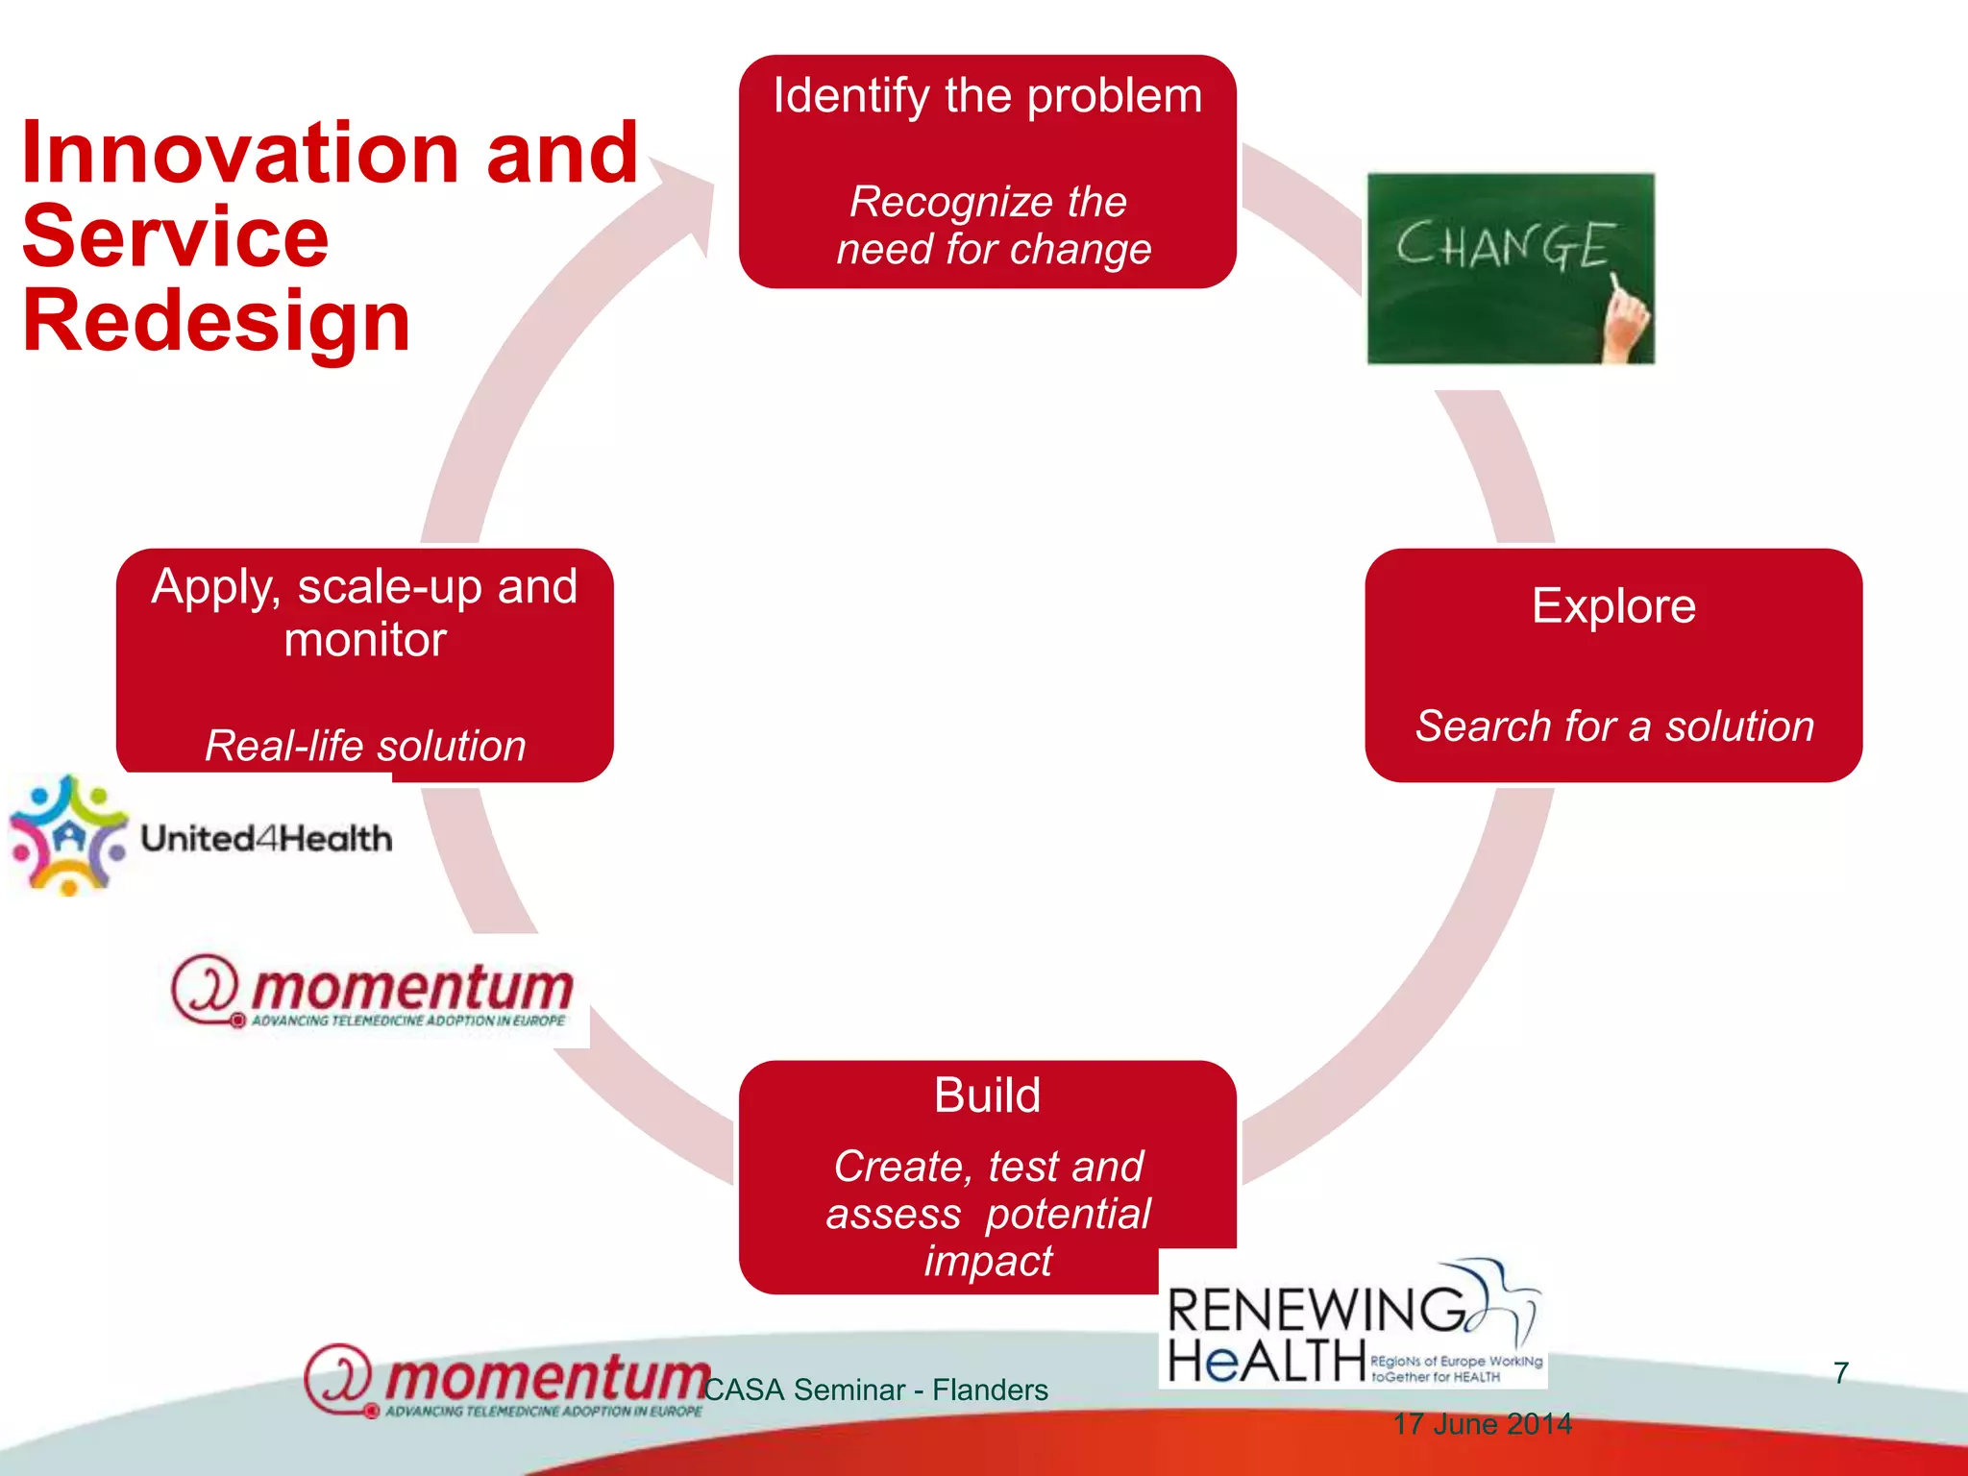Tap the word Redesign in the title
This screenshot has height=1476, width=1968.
pyautogui.click(x=216, y=322)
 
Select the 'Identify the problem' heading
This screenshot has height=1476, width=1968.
pyautogui.click(x=987, y=97)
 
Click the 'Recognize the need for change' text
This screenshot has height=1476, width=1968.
pyautogui.click(x=992, y=226)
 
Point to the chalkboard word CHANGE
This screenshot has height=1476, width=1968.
pyautogui.click(x=1504, y=245)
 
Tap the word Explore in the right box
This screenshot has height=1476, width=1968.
pyautogui.click(x=1613, y=606)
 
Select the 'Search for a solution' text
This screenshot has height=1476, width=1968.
pyautogui.click(x=1614, y=726)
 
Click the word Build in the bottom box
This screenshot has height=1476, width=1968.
pyautogui.click(x=987, y=1095)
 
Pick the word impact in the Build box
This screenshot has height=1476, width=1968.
pyautogui.click(x=988, y=1261)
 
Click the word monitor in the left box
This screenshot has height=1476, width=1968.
pyautogui.click(x=365, y=640)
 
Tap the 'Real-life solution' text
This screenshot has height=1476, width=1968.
pyautogui.click(x=365, y=747)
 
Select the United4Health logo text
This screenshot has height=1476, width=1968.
pyautogui.click(x=266, y=839)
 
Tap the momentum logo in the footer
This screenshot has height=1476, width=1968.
pyautogui.click(x=504, y=1381)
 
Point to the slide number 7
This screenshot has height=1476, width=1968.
pyautogui.click(x=1840, y=1373)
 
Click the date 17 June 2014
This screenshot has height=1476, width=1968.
pyautogui.click(x=1482, y=1424)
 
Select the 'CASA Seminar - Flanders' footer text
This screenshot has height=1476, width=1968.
pyautogui.click(x=875, y=1390)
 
